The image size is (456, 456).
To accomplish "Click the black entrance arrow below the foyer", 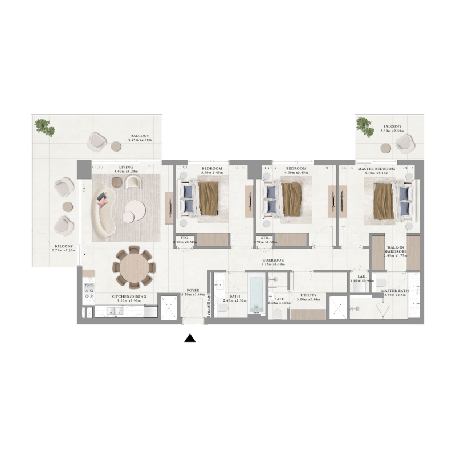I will click(190, 338).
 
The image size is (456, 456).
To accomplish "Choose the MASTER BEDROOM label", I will click(377, 169).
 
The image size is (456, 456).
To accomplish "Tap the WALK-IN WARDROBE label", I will click(394, 249).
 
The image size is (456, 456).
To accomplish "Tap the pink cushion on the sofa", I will click(103, 201).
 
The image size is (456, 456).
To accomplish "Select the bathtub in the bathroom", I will click(256, 295).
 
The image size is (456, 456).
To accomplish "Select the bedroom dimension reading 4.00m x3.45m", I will click(296, 173).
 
